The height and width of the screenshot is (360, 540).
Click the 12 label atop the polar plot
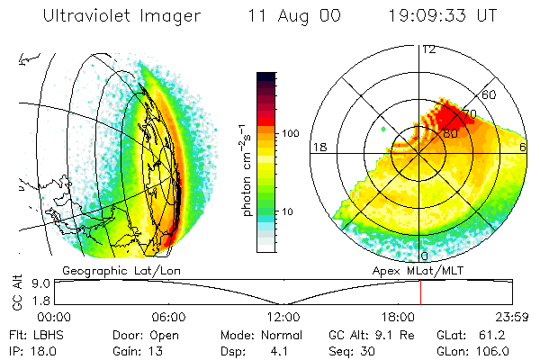428,49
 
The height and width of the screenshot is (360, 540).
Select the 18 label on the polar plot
319,146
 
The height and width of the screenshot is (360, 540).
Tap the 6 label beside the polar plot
524,146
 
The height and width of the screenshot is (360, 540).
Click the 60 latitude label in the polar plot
490,94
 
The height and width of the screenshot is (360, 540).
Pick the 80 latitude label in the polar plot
449,133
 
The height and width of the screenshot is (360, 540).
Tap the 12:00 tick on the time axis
283,316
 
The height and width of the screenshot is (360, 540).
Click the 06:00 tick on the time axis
168,316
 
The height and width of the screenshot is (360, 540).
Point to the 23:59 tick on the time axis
510,316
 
